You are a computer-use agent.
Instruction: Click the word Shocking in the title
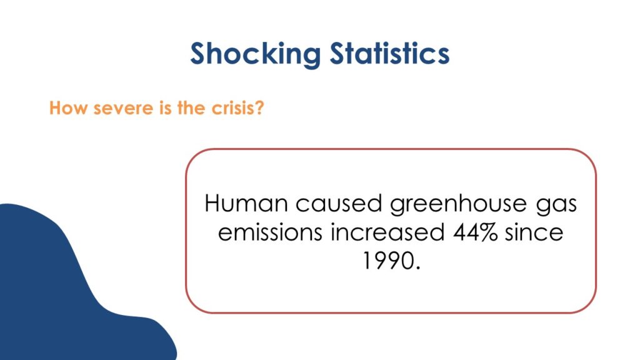click(256, 54)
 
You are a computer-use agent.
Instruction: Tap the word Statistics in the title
click(389, 53)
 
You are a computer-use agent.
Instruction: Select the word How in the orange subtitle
click(68, 108)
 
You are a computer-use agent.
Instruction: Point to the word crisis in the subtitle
click(232, 108)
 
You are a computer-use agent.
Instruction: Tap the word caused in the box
click(339, 203)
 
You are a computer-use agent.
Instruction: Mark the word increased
click(387, 232)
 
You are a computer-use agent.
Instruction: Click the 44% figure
click(475, 232)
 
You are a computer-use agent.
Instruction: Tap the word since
click(534, 232)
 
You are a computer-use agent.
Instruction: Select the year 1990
click(386, 261)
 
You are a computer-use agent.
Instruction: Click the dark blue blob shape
click(61, 294)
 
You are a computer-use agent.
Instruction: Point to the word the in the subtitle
click(191, 108)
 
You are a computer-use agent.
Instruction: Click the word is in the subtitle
click(165, 108)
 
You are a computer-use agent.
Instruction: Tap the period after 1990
click(416, 267)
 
